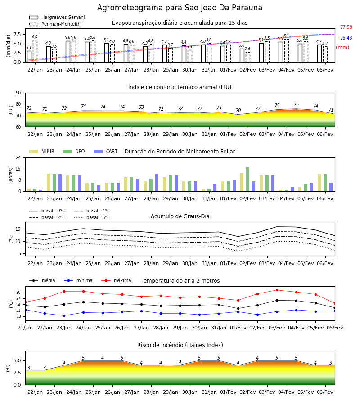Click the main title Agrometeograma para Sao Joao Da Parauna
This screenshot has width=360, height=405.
tap(180, 8)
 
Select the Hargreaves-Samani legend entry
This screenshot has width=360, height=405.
tap(57, 17)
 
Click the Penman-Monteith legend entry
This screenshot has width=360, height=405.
tap(55, 24)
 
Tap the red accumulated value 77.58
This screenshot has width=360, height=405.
tap(346, 27)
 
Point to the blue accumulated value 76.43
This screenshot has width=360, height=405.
tap(346, 38)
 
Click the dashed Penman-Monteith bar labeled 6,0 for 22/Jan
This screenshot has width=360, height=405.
tap(35, 51)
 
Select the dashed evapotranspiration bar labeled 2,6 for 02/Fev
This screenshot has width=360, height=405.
tap(248, 57)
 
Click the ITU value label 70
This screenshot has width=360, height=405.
tap(238, 110)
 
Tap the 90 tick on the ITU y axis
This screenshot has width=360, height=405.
tap(18, 93)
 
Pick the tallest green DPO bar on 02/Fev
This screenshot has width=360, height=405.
tap(247, 180)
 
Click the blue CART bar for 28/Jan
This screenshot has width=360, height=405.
tap(157, 183)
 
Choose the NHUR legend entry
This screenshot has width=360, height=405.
tap(42, 151)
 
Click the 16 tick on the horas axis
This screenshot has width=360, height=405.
tap(18, 169)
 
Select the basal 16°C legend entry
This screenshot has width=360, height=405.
tap(92, 217)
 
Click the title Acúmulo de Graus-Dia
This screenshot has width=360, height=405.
tap(180, 216)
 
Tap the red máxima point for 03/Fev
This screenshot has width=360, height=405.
tap(277, 290)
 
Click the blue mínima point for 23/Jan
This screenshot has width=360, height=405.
tap(64, 315)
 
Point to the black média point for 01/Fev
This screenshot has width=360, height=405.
tap(238, 308)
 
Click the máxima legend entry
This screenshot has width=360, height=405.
tap(116, 280)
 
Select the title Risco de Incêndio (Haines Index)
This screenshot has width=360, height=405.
tap(180, 345)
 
